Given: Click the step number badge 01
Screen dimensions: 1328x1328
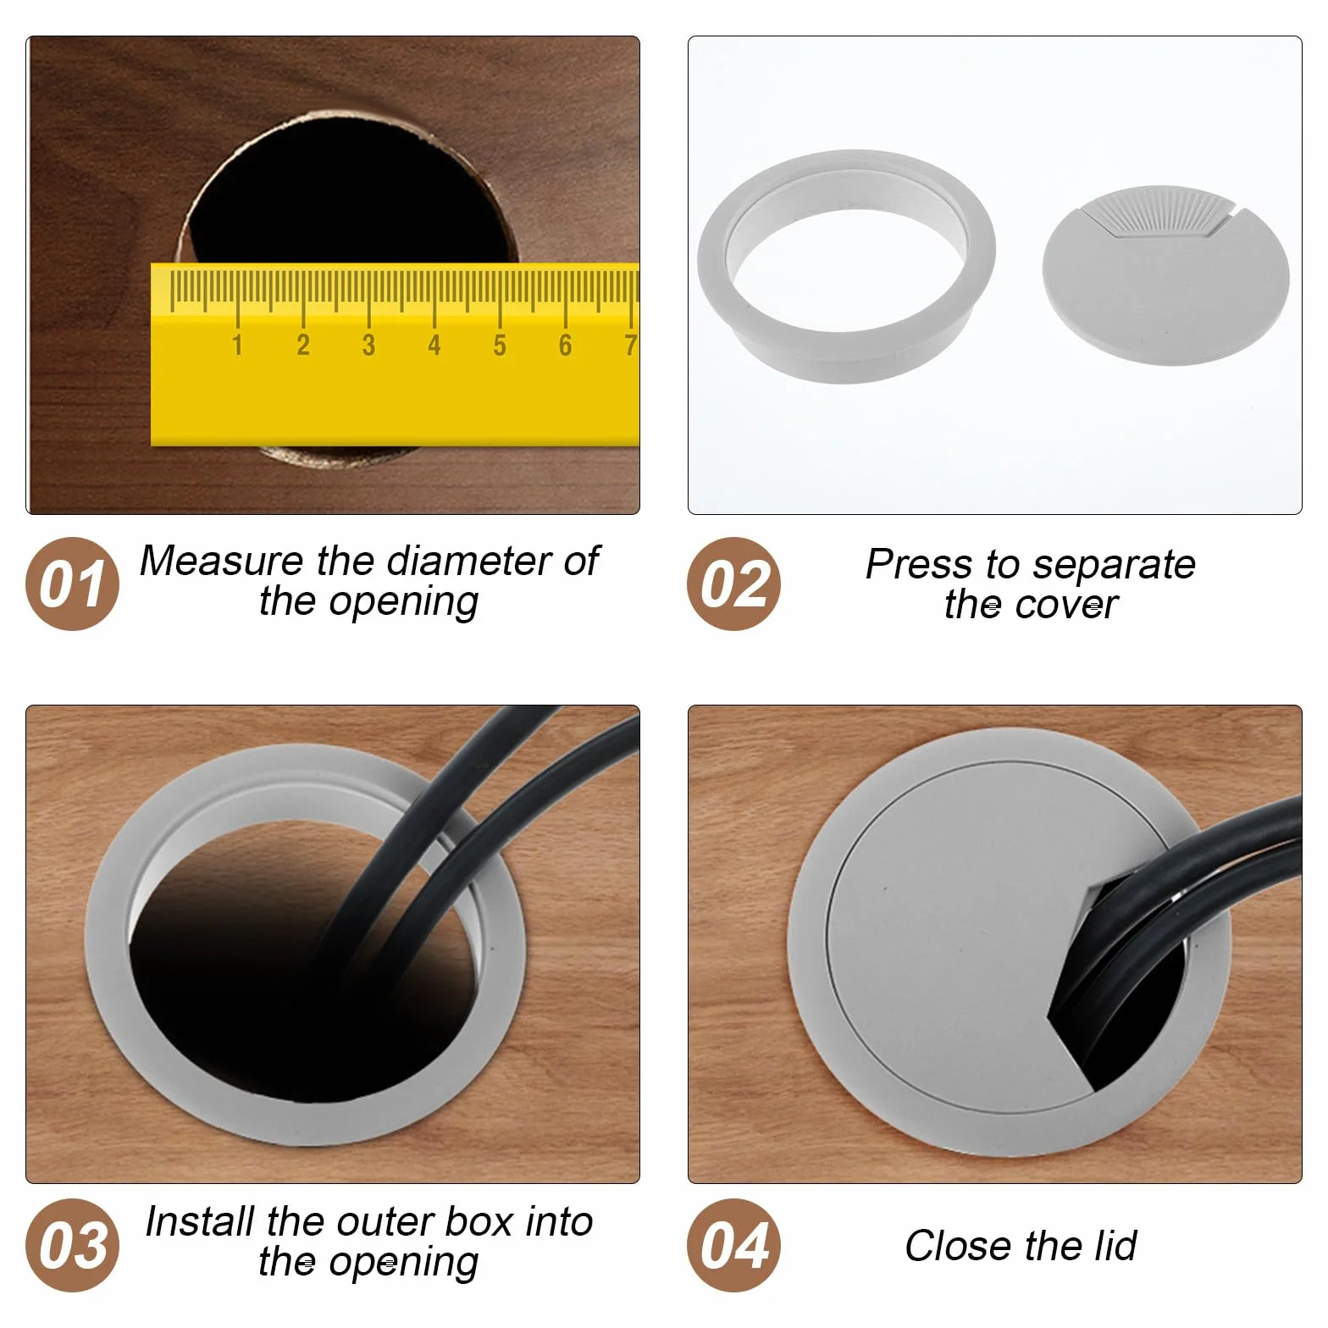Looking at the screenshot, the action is point(73,584).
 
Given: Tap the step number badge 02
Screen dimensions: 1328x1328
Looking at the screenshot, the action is point(734,584).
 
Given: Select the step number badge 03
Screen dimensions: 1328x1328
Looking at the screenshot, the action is point(73,1245).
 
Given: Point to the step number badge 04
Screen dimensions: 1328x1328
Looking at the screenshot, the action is point(734,1245).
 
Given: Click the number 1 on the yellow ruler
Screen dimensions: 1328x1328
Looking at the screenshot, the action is point(237,346).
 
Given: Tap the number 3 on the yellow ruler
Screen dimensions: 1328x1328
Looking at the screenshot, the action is point(368,346).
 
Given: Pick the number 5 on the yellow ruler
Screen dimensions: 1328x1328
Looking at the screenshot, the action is point(500,346).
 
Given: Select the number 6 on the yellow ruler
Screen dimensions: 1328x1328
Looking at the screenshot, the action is point(565,346).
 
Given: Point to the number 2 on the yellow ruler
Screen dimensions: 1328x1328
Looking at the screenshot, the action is point(303,346).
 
